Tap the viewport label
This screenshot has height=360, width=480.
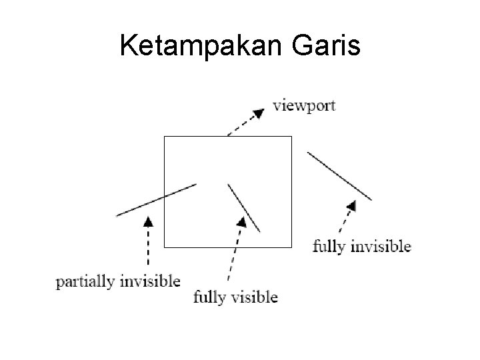[x=305, y=106]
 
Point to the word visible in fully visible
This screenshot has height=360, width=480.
[x=254, y=297]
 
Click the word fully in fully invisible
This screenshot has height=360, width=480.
[x=329, y=247]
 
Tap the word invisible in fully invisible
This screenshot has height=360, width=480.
[x=381, y=246]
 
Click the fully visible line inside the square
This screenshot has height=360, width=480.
[x=243, y=207]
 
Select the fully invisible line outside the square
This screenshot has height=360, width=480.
[x=339, y=175]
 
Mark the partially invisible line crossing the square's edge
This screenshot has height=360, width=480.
[x=157, y=199]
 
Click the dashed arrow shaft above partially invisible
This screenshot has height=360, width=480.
[x=148, y=250]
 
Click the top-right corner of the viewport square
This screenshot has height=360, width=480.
[x=292, y=137]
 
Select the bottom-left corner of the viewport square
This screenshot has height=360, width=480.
[x=165, y=247]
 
